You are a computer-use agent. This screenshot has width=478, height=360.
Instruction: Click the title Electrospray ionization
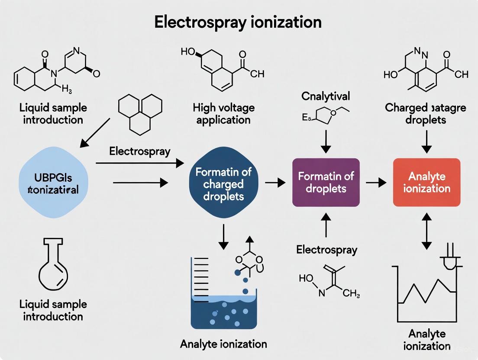238,22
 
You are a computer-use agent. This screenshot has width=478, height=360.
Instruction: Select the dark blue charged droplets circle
223,184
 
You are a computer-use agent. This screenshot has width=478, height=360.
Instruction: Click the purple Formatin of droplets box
326,182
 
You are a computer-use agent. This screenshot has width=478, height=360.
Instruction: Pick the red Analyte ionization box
426,182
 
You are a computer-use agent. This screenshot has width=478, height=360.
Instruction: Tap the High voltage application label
223,113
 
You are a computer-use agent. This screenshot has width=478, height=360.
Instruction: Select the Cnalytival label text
326,96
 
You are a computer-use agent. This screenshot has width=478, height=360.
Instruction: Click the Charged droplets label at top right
426,113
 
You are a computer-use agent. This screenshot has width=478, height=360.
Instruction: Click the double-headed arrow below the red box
426,233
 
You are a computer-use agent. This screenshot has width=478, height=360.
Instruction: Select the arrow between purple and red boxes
375,183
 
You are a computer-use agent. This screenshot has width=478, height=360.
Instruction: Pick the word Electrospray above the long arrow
139,151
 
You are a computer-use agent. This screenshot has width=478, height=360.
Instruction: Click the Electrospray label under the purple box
326,250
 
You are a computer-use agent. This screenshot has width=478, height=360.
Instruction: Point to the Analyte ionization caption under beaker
223,344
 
